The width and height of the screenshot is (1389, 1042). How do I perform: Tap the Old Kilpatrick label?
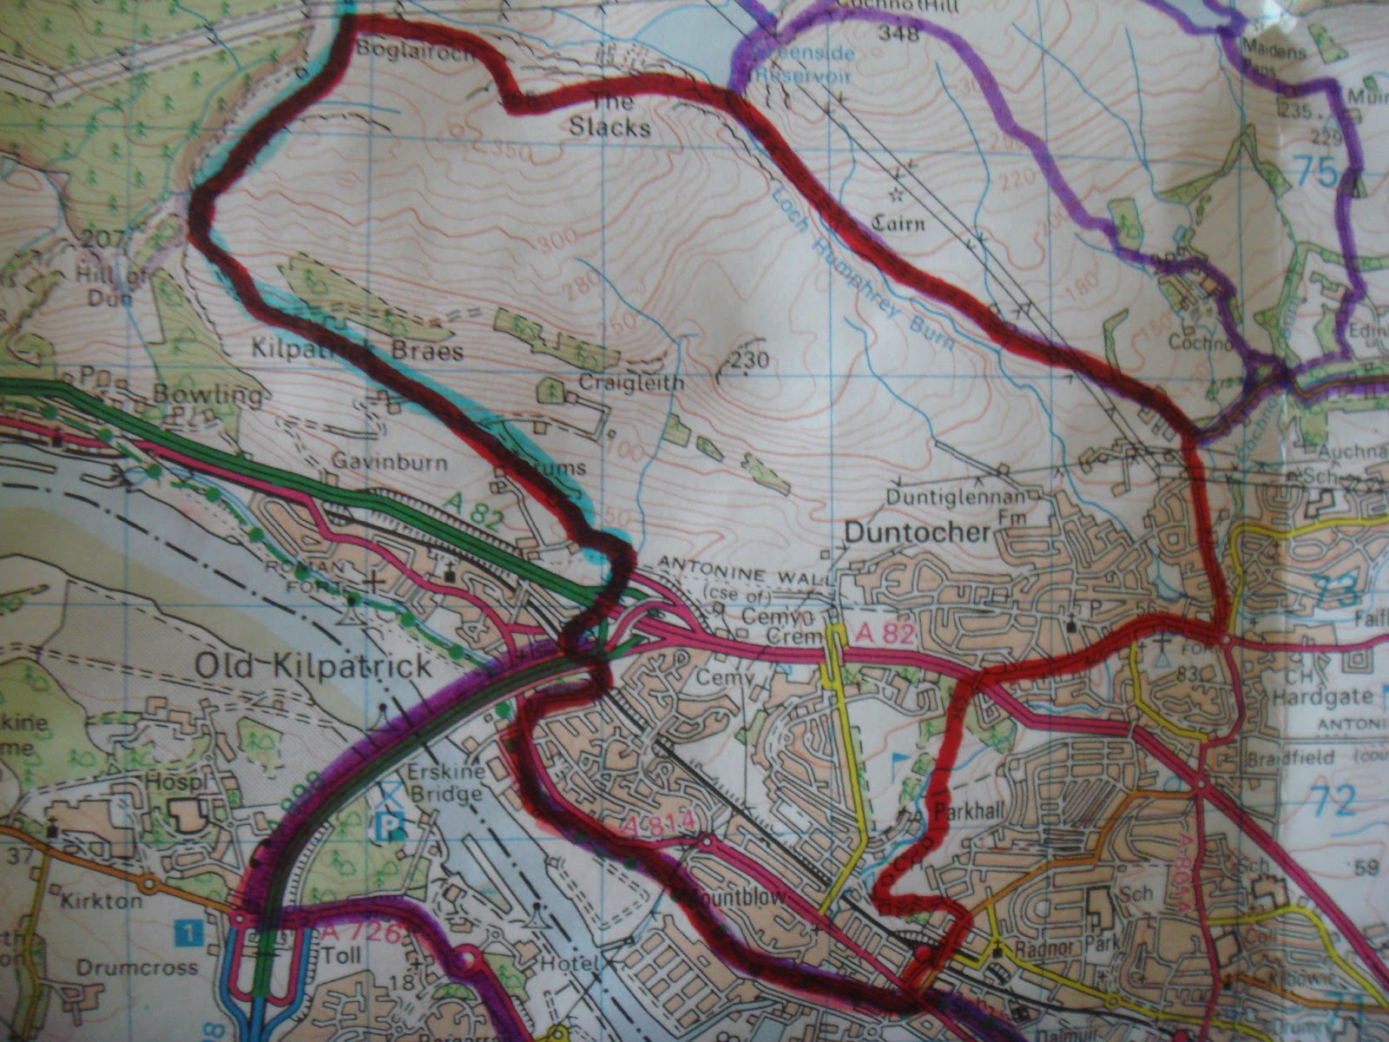click(x=313, y=667)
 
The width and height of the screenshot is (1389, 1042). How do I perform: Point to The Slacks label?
click(x=609, y=115)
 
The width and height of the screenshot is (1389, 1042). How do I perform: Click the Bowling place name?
click(x=207, y=397)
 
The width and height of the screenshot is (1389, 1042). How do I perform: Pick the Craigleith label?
click(x=620, y=383)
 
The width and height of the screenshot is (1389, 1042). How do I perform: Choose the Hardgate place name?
click(x=1323, y=696)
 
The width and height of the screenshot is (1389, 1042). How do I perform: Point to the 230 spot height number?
click(x=750, y=359)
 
